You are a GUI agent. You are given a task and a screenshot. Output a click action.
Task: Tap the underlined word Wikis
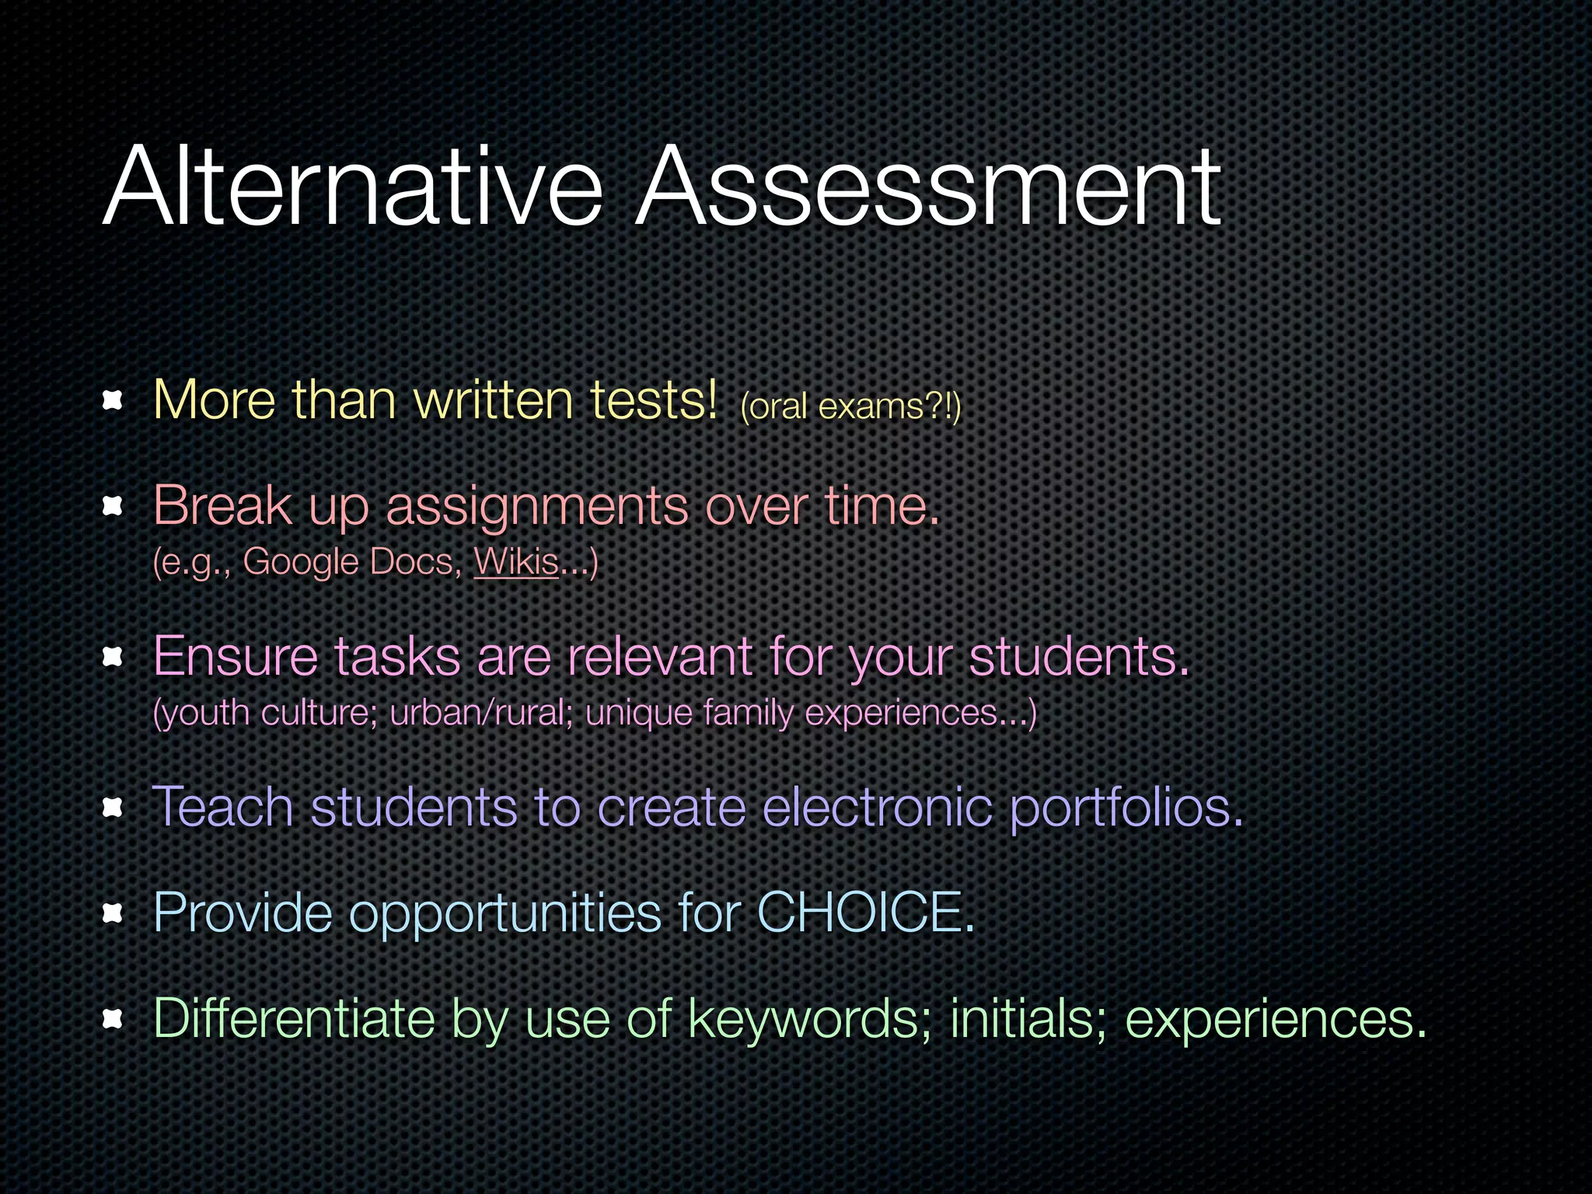point(516,561)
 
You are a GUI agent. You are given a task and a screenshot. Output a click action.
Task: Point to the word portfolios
point(1126,808)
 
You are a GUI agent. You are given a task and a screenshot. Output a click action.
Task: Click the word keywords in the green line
point(808,1018)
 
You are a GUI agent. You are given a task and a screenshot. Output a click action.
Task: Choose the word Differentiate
point(295,1018)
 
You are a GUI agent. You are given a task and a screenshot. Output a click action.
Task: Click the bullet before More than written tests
point(113,400)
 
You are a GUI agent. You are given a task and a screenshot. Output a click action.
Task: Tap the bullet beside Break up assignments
point(113,507)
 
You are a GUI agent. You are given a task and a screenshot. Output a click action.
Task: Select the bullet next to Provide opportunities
point(113,913)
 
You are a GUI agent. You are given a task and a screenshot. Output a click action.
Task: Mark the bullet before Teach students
point(113,808)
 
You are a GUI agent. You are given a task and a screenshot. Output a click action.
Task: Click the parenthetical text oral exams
point(850,407)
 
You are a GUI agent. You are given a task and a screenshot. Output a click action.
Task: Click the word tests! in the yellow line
point(653,400)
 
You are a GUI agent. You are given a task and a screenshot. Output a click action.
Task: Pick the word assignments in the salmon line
point(536,507)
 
